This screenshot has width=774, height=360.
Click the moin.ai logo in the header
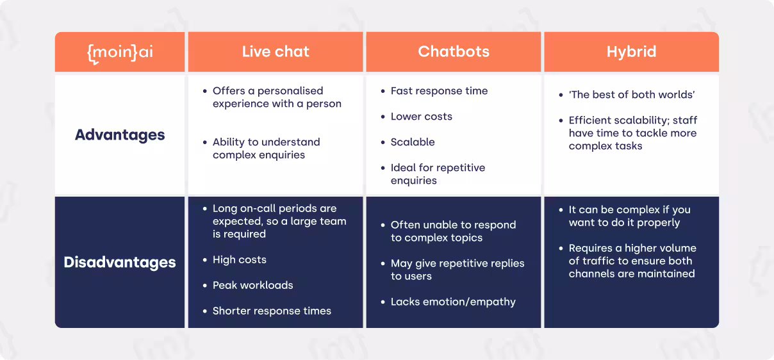point(120,53)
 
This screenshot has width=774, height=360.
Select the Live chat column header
point(276,51)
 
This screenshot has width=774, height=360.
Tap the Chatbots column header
point(454,51)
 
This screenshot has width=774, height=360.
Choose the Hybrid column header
point(631,52)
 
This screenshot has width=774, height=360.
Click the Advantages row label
point(120,135)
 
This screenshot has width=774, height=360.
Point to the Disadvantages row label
point(120,262)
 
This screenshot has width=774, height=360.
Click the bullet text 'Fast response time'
point(439,91)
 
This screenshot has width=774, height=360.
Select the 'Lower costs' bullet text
point(421,117)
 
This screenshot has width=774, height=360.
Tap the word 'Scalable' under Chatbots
point(413,142)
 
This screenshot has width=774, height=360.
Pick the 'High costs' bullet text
point(240,260)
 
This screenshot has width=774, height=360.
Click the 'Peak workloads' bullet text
point(253,286)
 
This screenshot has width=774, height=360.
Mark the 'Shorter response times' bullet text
point(272,311)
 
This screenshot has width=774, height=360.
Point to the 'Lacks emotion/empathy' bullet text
point(453,302)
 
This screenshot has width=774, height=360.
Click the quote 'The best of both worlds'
point(632,95)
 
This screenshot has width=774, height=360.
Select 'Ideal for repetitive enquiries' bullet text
point(438,174)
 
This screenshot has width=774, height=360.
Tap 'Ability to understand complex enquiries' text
point(266,149)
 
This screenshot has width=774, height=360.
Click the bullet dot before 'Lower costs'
point(383,117)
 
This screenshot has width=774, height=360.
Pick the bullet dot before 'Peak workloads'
point(205,286)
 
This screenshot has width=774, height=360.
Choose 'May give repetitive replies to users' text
point(457,270)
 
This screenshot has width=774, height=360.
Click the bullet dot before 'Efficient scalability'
point(561,120)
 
